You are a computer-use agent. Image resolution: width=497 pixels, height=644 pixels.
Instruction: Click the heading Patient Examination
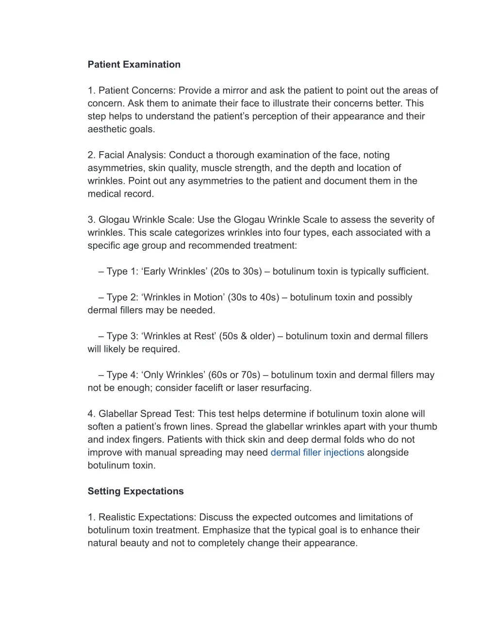click(x=134, y=65)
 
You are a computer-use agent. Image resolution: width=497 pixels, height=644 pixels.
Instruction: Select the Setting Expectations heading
click(x=135, y=491)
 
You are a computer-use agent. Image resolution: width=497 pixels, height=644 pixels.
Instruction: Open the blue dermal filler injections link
click(x=317, y=453)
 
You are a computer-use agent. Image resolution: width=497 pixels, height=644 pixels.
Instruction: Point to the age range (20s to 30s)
click(x=236, y=272)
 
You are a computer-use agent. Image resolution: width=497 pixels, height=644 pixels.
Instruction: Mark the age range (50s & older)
click(x=247, y=336)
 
